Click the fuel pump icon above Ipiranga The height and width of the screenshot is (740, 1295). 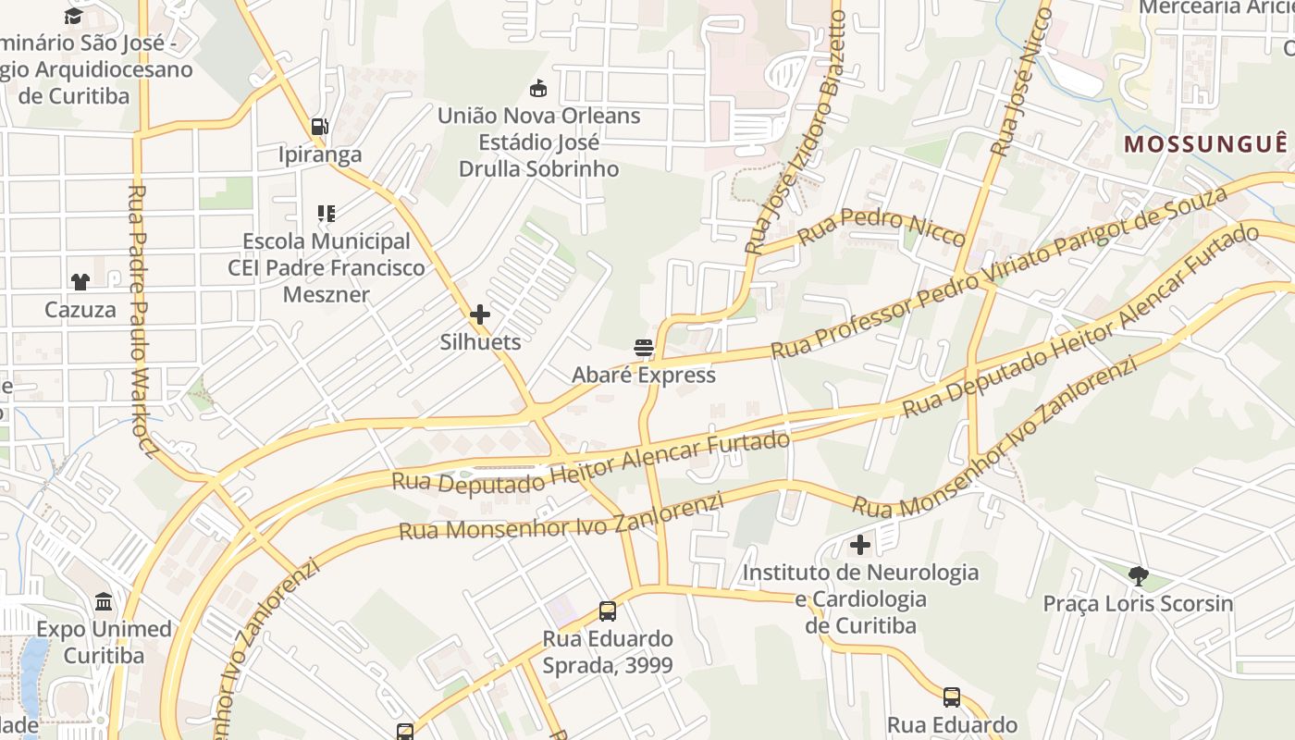pos(319,126)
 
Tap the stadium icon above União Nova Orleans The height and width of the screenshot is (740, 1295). pos(537,89)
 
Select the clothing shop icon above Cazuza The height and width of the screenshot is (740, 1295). pos(80,281)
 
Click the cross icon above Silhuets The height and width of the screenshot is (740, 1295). pos(479,314)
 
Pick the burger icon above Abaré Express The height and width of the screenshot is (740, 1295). pos(644,348)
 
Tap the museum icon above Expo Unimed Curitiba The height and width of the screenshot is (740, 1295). pos(104,602)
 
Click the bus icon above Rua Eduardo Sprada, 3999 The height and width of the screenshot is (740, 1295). pos(608,610)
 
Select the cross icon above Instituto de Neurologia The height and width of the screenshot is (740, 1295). pos(860,545)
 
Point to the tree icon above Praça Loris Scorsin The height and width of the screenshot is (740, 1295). pos(1138,576)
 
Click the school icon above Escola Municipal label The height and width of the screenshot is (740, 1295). pos(326,215)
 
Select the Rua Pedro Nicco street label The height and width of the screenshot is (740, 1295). pos(882,228)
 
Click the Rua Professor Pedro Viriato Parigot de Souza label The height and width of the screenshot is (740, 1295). pos(998,273)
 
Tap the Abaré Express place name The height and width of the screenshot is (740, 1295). pos(644,375)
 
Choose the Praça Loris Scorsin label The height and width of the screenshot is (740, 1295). pos(1138,604)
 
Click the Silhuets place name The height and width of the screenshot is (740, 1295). pos(479,341)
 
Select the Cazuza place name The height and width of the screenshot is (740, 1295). pos(80,309)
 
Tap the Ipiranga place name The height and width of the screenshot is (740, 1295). pos(320,154)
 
